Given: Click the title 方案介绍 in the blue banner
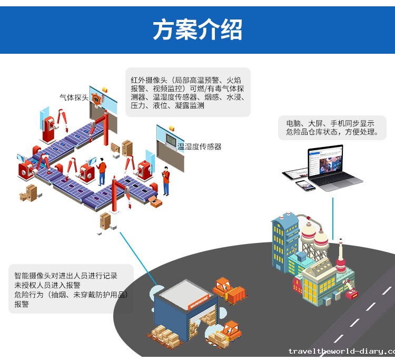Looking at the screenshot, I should [x=197, y=31].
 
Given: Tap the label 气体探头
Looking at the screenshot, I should [x=74, y=98].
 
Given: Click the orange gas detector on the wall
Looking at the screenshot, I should [x=96, y=99].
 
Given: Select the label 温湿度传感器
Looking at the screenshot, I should [x=199, y=147].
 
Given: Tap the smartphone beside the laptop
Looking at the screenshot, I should [x=302, y=185].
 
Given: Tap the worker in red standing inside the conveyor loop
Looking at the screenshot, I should [x=102, y=170].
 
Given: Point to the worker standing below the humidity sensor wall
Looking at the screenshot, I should [x=166, y=179].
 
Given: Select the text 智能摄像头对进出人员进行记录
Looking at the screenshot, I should [x=66, y=275].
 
